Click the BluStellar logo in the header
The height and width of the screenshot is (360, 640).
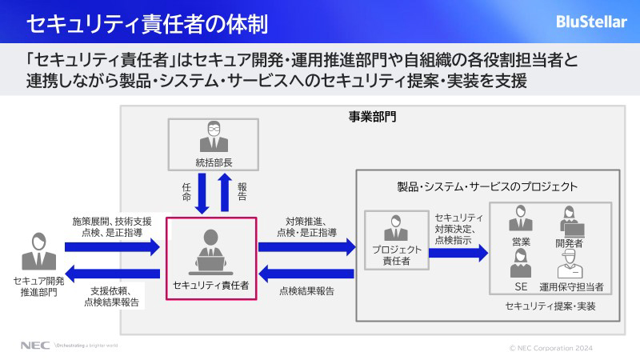coord(591,22)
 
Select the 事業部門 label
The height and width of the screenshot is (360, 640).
coord(372,117)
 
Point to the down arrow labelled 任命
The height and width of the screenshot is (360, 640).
coord(202,192)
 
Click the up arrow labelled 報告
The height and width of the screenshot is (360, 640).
coord(225,192)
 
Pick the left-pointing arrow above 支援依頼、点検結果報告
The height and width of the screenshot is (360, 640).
coord(115,272)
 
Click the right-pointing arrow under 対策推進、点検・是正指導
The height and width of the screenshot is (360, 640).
coord(306,249)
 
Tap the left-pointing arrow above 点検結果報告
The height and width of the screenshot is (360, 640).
coord(306,273)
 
